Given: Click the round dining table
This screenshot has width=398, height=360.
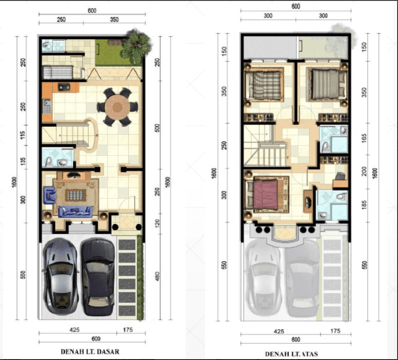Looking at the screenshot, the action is pyautogui.click(x=117, y=107).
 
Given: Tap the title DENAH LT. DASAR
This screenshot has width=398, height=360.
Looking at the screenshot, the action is pyautogui.click(x=90, y=352).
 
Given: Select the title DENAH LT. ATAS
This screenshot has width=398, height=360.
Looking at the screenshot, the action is pyautogui.click(x=291, y=354).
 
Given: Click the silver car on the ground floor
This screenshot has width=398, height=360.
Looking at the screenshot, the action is pyautogui.click(x=60, y=277).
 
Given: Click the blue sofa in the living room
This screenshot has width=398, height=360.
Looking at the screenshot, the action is pyautogui.click(x=75, y=212).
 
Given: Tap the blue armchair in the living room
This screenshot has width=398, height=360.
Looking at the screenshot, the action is pyautogui.click(x=50, y=195).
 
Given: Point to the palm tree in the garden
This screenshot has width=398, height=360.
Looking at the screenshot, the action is pyautogui.click(x=137, y=46).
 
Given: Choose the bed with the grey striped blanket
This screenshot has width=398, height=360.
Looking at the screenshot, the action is pyautogui.click(x=327, y=85).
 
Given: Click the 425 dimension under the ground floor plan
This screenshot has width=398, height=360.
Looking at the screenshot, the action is pyautogui.click(x=74, y=329).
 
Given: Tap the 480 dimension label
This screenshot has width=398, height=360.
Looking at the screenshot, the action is pyautogui.click(x=157, y=276).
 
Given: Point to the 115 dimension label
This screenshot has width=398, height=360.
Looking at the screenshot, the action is pyautogui.click(x=23, y=135).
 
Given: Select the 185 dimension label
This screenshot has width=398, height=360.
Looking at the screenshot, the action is pyautogui.click(x=364, y=205).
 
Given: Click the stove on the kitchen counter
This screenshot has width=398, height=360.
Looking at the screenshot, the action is pyautogui.click(x=64, y=87).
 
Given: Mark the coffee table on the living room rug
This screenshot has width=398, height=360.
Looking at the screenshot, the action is pyautogui.click(x=76, y=195).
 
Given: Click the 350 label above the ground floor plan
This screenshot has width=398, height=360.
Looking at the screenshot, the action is pyautogui.click(x=114, y=19).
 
